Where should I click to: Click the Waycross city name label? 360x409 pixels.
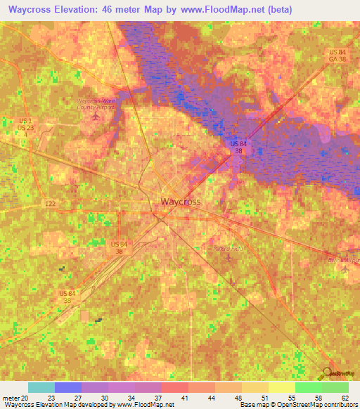tap(181, 202)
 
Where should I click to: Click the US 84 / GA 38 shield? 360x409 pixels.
tap(337, 57)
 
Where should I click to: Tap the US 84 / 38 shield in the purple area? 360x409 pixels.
tap(238, 147)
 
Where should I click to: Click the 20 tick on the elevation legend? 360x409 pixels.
tap(25, 397)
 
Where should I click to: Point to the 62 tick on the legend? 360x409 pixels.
tap(345, 397)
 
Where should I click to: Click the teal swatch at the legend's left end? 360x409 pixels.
tap(41, 387)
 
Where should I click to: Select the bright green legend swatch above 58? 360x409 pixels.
tap(309, 387)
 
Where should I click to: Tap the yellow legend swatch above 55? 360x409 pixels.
tap(282, 387)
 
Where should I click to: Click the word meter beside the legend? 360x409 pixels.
tap(10, 397)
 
